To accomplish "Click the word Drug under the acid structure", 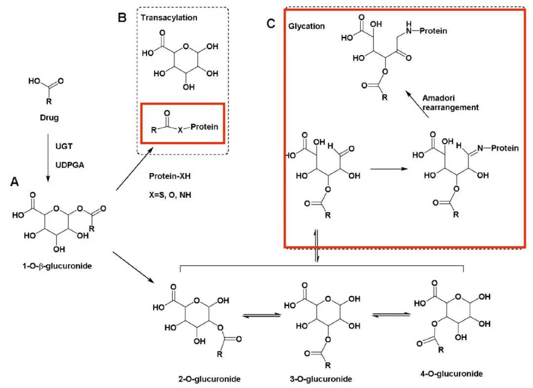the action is pyautogui.click(x=49, y=118).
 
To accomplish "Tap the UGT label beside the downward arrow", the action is pyautogui.click(x=64, y=146).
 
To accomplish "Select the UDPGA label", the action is pyautogui.click(x=70, y=165).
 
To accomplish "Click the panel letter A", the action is pyautogui.click(x=15, y=182).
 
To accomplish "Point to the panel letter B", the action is pyautogui.click(x=122, y=17).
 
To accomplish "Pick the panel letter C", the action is pyautogui.click(x=271, y=24).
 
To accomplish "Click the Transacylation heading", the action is pyautogui.click(x=169, y=18).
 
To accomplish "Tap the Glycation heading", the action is pyautogui.click(x=306, y=26).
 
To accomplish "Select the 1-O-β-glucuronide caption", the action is pyautogui.click(x=57, y=266).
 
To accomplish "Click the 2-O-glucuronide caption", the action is pyautogui.click(x=210, y=379).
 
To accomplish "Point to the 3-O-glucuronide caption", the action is pyautogui.click(x=321, y=379).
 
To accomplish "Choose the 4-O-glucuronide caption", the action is pyautogui.click(x=452, y=374).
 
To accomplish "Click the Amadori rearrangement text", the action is pyautogui.click(x=451, y=103).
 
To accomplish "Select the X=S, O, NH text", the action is pyautogui.click(x=170, y=195).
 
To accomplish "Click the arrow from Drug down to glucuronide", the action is pyautogui.click(x=48, y=158).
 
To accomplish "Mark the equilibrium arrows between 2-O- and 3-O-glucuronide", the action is pyautogui.click(x=262, y=316).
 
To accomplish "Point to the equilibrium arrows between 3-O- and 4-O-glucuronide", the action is pyautogui.click(x=391, y=315).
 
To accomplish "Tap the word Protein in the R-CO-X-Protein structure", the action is pyautogui.click(x=204, y=127).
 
